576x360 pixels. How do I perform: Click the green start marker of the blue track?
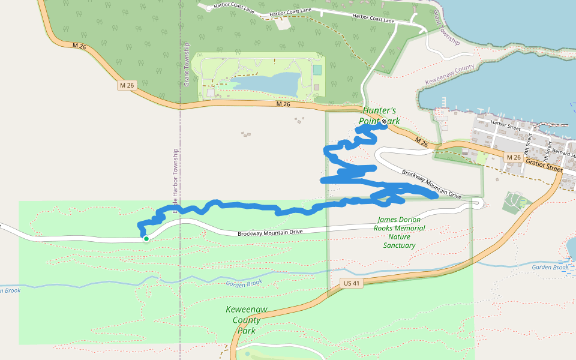(x=146, y=238)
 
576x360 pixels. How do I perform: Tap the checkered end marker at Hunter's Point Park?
(x=384, y=121)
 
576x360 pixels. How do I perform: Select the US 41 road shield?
(x=352, y=283)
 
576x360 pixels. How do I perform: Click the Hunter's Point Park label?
(x=379, y=116)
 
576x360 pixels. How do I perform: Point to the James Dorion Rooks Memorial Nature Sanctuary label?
(x=399, y=232)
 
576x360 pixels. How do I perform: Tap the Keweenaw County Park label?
(x=247, y=320)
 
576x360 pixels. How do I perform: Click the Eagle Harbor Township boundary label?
(x=176, y=180)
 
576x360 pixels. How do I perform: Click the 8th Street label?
(x=528, y=141)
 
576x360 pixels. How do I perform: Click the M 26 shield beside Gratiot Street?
(x=513, y=157)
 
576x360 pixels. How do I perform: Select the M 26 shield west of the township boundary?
(x=127, y=86)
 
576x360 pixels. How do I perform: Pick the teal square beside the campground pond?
(x=317, y=70)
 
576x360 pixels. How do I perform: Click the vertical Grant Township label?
(x=187, y=64)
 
